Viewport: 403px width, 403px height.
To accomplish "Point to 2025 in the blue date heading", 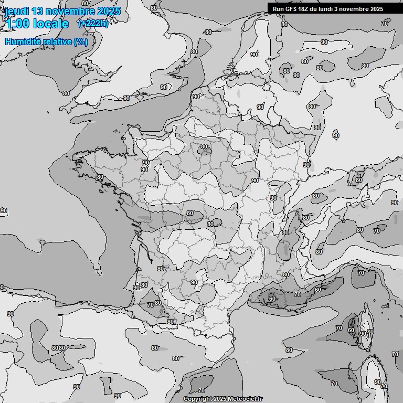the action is [109, 11].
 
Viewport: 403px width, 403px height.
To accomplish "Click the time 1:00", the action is [18, 24].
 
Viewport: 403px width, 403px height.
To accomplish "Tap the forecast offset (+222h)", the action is [93, 24].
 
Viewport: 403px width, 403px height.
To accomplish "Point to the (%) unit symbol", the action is [81, 41].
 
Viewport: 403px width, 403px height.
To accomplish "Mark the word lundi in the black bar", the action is [330, 9].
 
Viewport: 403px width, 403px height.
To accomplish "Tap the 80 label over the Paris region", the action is [204, 147].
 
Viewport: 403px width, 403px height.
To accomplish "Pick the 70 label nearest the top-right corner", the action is [385, 24].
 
